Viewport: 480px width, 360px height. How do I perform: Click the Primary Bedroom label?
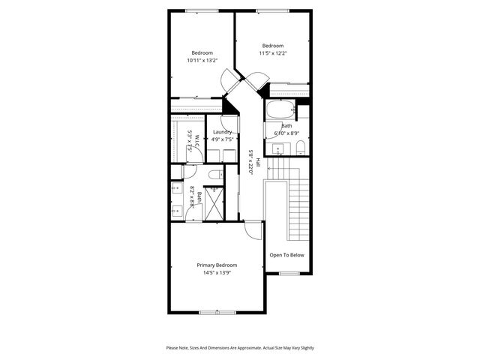[x=217, y=265]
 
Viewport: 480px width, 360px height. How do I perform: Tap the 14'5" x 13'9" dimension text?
[x=217, y=273]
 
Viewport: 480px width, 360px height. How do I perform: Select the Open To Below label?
[x=287, y=255]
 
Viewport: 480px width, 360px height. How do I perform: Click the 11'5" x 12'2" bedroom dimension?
[x=273, y=53]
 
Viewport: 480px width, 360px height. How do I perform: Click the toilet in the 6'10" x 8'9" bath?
[x=298, y=144]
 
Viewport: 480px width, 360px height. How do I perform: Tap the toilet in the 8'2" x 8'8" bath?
[x=213, y=175]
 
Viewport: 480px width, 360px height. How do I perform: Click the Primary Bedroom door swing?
[x=255, y=229]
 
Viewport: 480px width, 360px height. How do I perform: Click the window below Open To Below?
[x=289, y=274]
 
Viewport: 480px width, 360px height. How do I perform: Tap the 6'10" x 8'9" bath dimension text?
[x=287, y=133]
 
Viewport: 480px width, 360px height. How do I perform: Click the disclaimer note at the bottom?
[x=240, y=348]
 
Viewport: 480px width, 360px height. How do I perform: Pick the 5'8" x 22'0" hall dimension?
[x=250, y=162]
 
